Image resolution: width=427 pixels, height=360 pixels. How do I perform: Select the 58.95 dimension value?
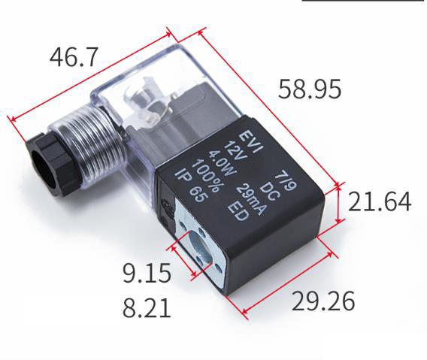coord(310,89)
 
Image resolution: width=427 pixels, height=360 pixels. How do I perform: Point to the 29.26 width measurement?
coord(323,301)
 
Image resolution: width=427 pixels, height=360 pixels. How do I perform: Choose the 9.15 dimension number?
coord(147,273)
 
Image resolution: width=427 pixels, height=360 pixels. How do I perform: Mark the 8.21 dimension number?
coord(147,307)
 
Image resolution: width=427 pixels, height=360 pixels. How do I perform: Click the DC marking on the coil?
coord(270,183)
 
